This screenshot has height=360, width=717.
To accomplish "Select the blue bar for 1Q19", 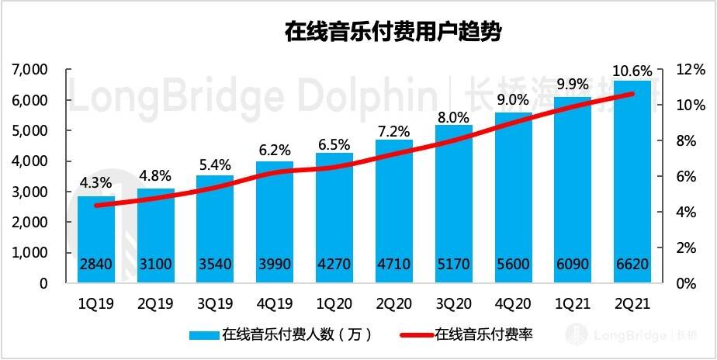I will tap(95, 233).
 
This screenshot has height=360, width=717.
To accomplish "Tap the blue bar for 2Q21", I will tap(632, 178).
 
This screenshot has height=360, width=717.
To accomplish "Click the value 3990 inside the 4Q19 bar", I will tap(275, 265).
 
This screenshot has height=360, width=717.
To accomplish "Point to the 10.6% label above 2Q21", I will tap(632, 71).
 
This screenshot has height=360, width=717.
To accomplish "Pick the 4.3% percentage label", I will tap(95, 184).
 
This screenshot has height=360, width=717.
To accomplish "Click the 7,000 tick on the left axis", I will tap(30, 70).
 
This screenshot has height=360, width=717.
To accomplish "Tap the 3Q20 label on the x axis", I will tap(453, 304).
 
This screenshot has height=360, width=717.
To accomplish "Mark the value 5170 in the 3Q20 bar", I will tap(453, 265).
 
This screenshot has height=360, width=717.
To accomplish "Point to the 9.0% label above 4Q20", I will tap(513, 100).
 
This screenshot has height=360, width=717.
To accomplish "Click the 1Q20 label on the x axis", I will tap(334, 304).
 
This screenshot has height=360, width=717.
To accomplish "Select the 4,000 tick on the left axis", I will tap(30, 161).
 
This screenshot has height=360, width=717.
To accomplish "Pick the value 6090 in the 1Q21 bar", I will tap(573, 265).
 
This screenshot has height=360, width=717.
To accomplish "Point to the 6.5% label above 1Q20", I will tap(334, 144).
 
